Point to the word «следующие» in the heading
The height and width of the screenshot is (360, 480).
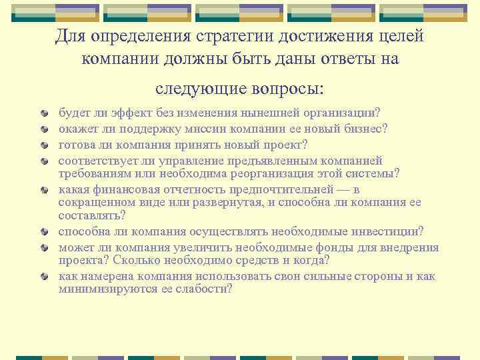coord(197,89)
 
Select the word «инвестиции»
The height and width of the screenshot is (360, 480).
coord(380,232)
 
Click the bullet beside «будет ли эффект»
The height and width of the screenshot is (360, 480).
coord(45,115)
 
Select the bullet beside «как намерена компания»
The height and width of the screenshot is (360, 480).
coord(45,276)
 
